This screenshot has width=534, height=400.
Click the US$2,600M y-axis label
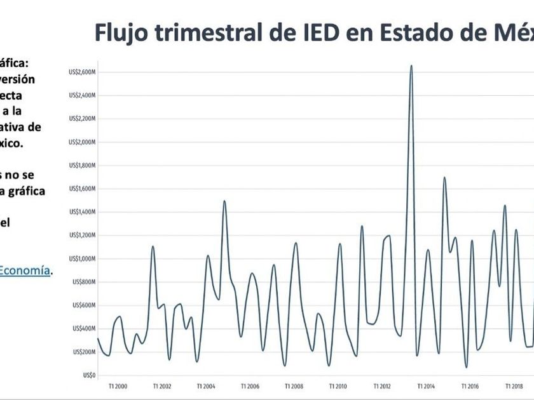81,72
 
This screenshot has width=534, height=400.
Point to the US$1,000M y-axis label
81,258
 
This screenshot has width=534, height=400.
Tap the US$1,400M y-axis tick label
81,212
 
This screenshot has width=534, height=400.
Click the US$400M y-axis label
83,328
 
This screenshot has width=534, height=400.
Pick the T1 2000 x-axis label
118,385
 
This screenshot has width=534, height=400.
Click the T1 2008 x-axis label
294,385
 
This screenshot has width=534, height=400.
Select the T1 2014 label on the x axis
426,385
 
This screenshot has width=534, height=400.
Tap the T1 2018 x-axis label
514,385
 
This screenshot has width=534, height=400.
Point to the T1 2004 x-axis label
206,385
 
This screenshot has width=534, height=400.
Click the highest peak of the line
411,65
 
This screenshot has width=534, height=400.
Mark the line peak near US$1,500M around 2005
224,201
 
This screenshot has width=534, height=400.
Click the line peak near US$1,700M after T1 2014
444,178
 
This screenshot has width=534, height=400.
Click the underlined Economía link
24,270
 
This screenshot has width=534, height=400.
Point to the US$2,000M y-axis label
81,142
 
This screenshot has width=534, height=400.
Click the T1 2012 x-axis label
382,385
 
